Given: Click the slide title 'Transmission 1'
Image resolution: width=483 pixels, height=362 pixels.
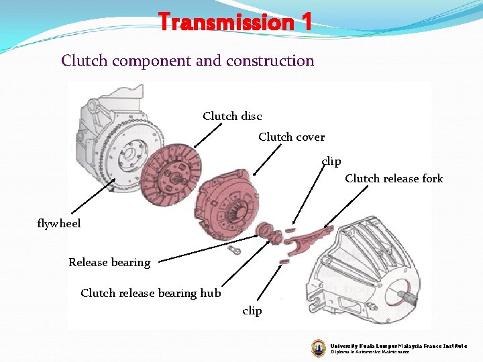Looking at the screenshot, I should coord(235,22).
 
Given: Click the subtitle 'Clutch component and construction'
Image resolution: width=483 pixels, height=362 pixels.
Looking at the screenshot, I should coord(187,61).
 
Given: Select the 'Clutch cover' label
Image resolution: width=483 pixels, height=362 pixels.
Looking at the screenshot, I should coord(291,137).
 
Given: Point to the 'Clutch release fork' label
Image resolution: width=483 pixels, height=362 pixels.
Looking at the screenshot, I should coord(394,178).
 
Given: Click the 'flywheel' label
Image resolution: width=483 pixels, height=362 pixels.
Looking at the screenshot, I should coord(59,223).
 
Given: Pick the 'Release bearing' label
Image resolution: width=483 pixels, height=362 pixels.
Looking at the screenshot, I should coord(109,262).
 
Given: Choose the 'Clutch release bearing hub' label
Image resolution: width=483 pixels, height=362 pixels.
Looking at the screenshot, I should coord(150,293).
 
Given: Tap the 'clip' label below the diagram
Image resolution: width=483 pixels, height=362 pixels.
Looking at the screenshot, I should coord(252,311).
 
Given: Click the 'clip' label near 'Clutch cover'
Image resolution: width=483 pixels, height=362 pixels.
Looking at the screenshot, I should coord(331,161).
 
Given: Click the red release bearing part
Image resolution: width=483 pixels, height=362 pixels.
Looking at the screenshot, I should coord(268,232).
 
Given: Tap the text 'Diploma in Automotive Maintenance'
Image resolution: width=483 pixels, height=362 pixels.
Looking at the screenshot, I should coord(369,352).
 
